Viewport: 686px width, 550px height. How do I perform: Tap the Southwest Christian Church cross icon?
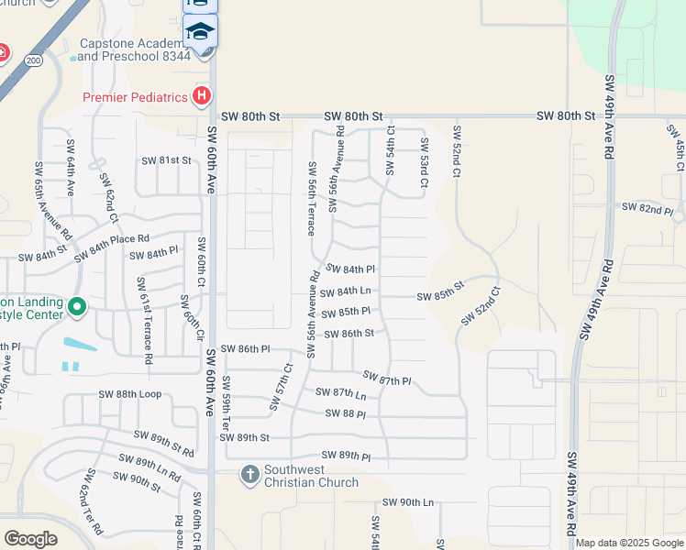pyautogui.click(x=249, y=475)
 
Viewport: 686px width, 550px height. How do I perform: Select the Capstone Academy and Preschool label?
pyautogui.click(x=134, y=49)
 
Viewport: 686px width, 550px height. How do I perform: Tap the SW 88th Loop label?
pyautogui.click(x=129, y=395)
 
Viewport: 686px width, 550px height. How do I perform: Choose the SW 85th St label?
pyautogui.click(x=441, y=297)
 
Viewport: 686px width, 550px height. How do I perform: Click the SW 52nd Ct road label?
pyautogui.click(x=481, y=306)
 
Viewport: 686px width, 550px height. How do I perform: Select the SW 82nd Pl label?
pyautogui.click(x=647, y=208)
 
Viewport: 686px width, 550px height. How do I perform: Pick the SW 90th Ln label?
pyautogui.click(x=407, y=502)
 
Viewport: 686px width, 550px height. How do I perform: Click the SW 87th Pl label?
pyautogui.click(x=387, y=379)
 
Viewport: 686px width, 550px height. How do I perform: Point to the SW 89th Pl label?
pyautogui.click(x=346, y=456)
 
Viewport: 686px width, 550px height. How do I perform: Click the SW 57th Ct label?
pyautogui.click(x=281, y=388)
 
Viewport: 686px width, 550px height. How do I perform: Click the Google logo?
pyautogui.click(x=30, y=539)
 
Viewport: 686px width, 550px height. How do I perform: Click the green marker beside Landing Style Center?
pyautogui.click(x=77, y=307)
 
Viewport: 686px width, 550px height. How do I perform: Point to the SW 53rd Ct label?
pyautogui.click(x=425, y=163)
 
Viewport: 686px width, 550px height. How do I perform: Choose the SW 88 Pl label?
pyautogui.click(x=346, y=414)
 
